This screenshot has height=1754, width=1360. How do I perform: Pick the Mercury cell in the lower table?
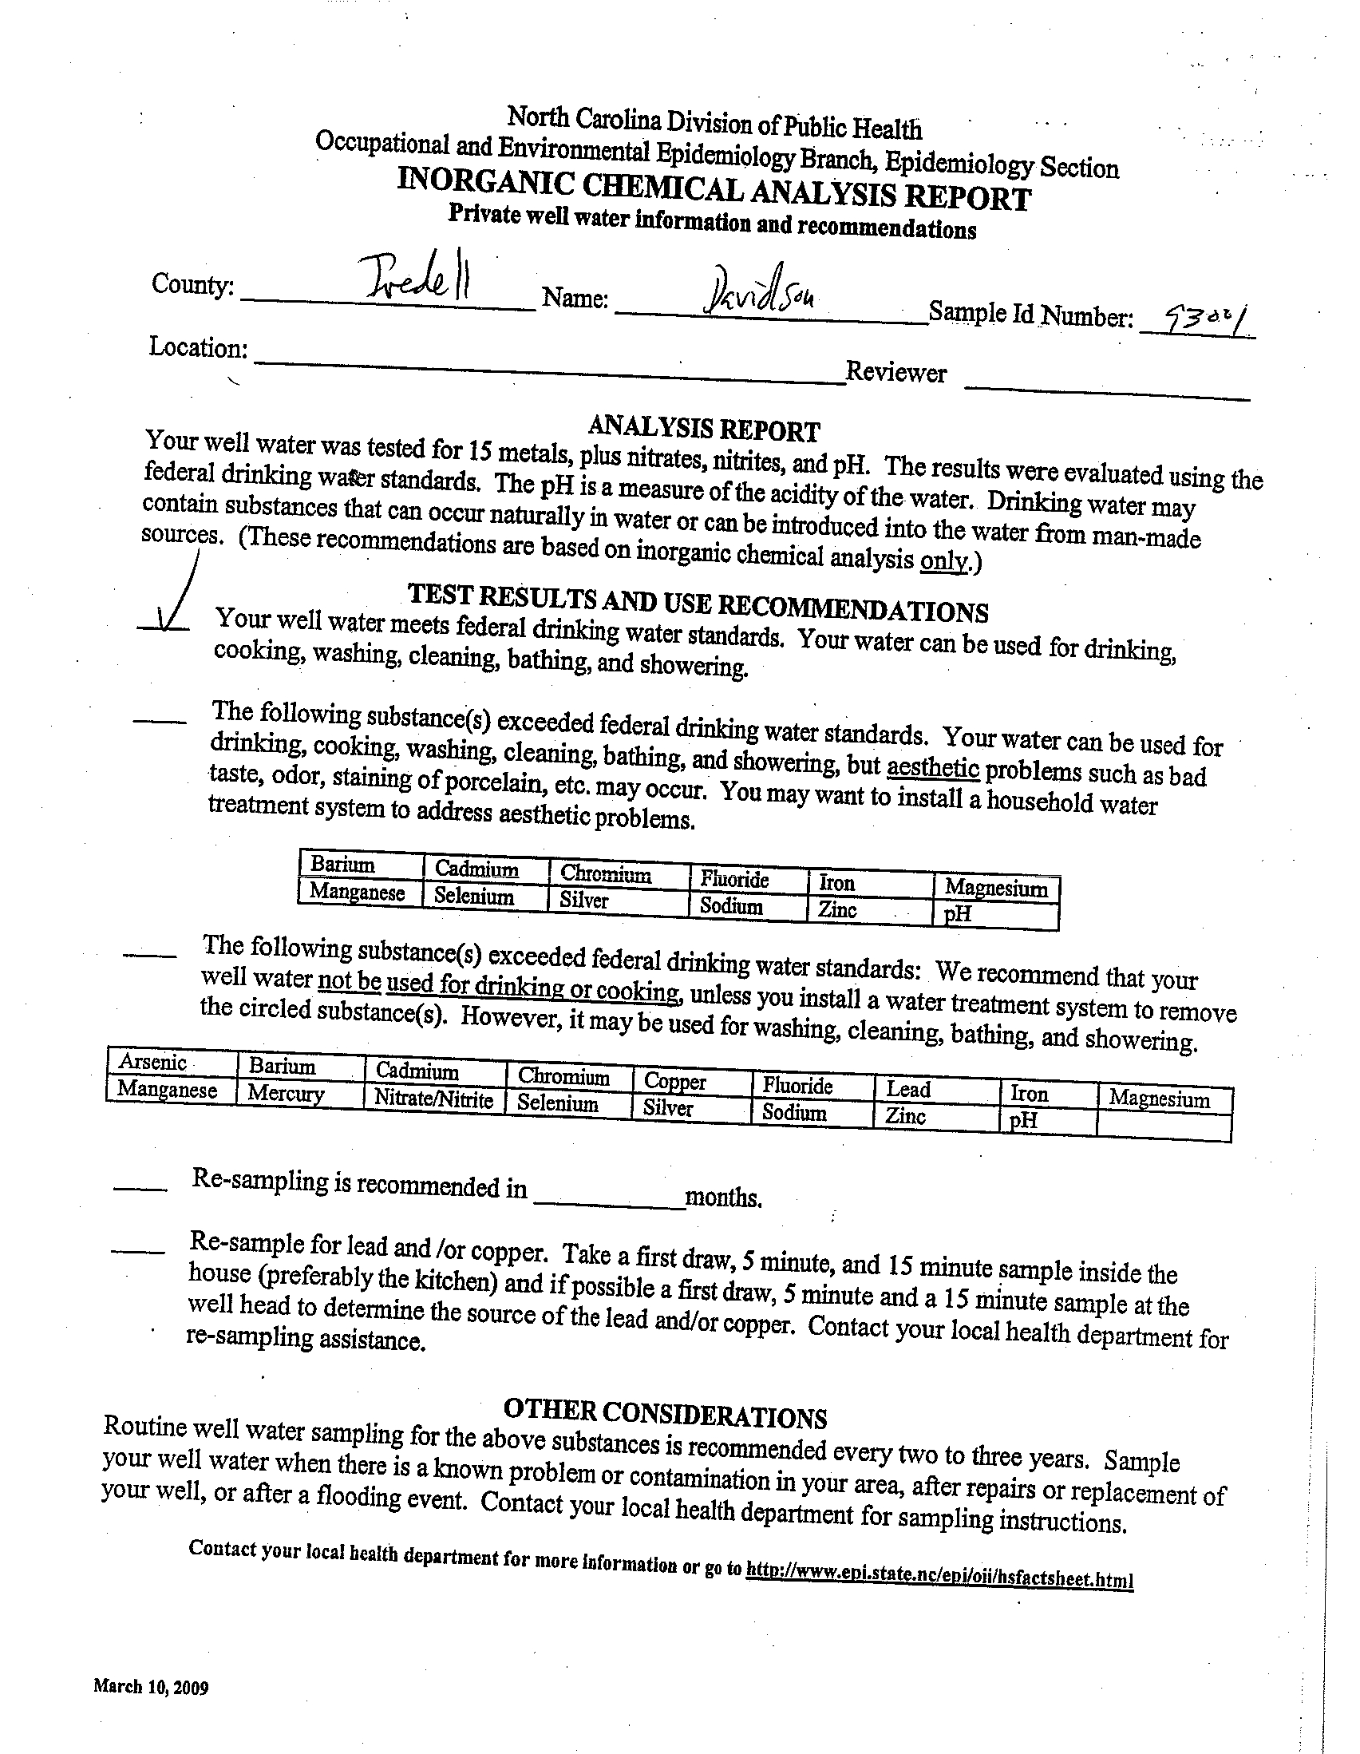pos(286,1094)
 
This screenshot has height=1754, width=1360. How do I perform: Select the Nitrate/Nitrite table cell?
pos(433,1099)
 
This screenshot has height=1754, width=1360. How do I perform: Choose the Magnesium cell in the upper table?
pos(996,888)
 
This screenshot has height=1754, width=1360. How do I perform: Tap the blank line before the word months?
pos(607,1202)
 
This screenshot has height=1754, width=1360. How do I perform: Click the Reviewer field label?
pos(896,372)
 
